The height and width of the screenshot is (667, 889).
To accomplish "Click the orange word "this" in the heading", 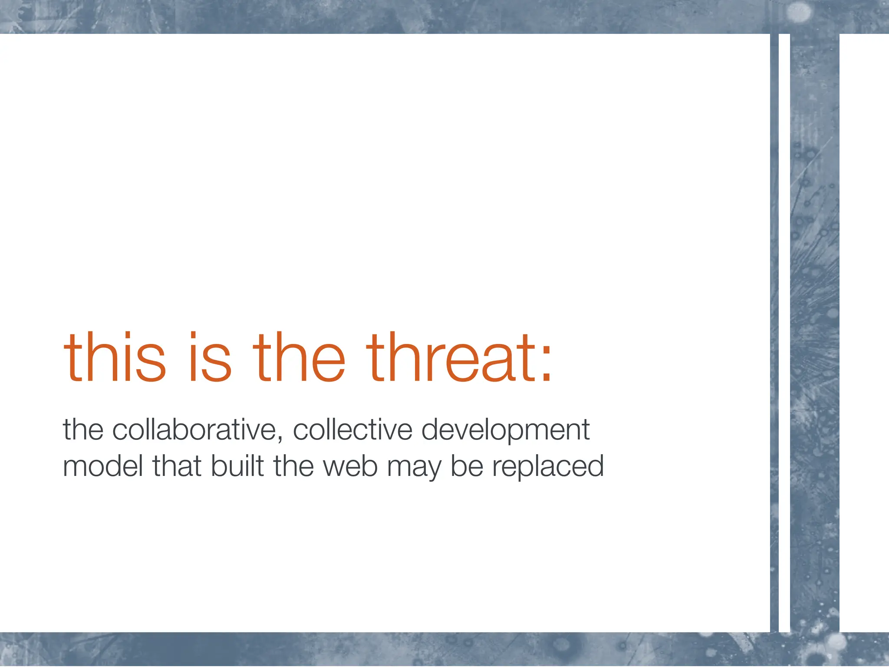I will tap(115, 358).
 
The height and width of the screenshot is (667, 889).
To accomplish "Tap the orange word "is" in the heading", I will tap(210, 358).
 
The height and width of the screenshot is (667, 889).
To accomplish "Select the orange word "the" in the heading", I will tap(299, 358).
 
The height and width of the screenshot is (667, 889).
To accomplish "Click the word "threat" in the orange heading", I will tap(447, 358).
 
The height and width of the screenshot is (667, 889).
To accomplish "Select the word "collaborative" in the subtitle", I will tap(194, 430).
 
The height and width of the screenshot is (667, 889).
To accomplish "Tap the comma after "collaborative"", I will tap(280, 436).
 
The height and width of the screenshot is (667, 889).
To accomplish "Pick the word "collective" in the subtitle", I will tap(352, 430).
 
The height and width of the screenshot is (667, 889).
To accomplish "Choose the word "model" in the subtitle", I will tap(103, 466).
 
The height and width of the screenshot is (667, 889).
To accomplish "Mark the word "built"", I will tap(238, 466).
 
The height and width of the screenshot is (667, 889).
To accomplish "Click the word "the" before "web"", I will tap(293, 466).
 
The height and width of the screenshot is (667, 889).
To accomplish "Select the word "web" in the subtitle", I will tap(350, 466).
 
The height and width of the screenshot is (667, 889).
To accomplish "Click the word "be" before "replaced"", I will tap(467, 466).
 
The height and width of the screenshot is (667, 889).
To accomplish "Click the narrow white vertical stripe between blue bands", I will tap(784, 330).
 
